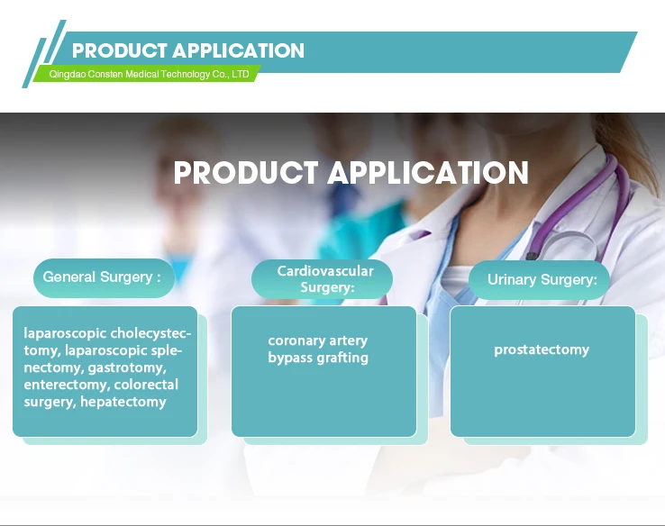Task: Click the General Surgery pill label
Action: click(x=104, y=277)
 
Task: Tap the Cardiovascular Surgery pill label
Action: click(x=322, y=279)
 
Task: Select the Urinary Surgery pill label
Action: click(x=539, y=280)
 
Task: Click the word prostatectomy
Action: click(x=542, y=350)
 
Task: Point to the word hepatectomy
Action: click(x=123, y=402)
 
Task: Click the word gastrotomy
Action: click(x=127, y=367)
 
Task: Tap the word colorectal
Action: click(x=146, y=385)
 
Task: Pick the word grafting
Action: click(x=342, y=358)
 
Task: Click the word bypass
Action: click(x=290, y=358)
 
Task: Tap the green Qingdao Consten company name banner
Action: click(x=147, y=74)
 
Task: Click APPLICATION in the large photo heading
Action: click(x=428, y=173)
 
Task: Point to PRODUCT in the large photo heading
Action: click(x=246, y=173)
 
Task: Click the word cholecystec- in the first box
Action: click(x=150, y=333)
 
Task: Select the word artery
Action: click(x=349, y=340)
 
